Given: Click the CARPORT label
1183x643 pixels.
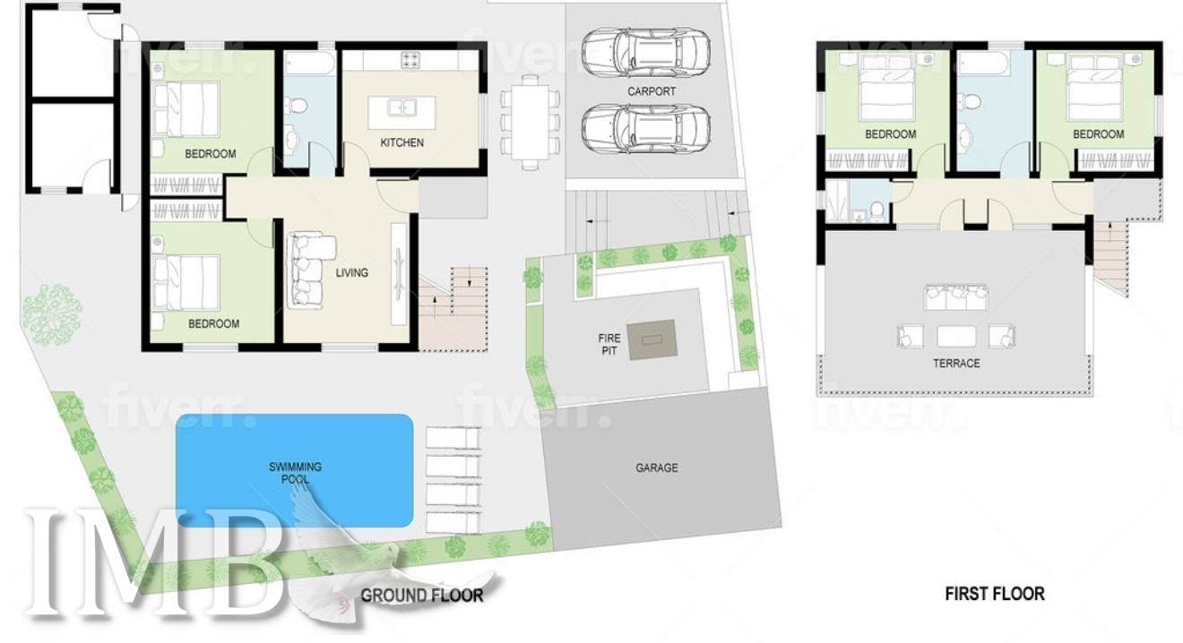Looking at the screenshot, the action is [652, 91].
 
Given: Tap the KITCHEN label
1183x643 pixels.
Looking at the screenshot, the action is [402, 142].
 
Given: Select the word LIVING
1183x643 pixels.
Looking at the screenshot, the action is [351, 273].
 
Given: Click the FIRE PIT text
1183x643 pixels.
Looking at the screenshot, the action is [609, 344].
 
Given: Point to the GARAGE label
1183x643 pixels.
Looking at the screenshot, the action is [656, 467].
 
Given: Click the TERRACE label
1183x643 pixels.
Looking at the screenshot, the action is [956, 364].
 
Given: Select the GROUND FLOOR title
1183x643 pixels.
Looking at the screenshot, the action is [421, 596].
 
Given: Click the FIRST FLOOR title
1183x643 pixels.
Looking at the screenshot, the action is [995, 594].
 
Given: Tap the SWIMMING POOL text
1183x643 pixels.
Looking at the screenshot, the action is [295, 473].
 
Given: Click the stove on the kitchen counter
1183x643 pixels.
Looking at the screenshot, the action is [410, 60].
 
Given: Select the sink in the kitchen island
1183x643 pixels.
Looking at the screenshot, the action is [402, 107].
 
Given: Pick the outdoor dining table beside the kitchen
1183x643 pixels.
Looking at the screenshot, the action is [530, 123].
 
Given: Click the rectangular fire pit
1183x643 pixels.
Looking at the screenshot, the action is [652, 340].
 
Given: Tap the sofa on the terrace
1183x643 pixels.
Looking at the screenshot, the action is [956, 297].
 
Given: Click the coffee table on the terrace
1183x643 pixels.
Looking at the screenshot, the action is [956, 337].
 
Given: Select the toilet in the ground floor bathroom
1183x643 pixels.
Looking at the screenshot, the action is [297, 106].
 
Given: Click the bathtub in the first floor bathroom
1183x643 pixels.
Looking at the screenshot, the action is [983, 64].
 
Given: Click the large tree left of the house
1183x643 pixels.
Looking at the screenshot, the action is [52, 314].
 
